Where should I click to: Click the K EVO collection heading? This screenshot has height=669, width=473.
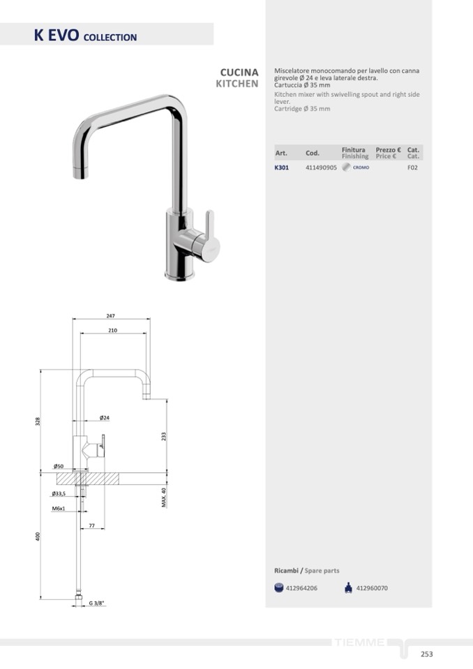coord(85,35)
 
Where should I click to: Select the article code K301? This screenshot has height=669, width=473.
coord(281,167)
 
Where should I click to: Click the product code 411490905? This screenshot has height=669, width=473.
coord(321,167)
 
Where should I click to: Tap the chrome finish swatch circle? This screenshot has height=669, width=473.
coord(346,167)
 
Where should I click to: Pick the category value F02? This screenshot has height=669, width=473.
coord(412,167)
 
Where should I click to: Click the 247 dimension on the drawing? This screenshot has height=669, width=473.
coord(110,316)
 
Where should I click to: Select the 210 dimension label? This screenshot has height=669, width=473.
coord(112,330)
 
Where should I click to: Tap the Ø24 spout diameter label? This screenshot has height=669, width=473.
coord(105,418)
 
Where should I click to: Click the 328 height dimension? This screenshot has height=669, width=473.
coord(38,421)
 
